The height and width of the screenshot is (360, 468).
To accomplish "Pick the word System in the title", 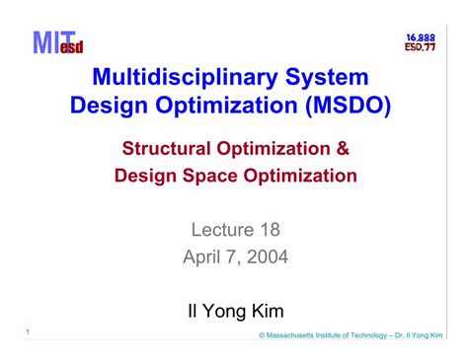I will (x=324, y=77).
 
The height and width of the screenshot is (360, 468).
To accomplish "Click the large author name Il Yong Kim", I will (x=235, y=312).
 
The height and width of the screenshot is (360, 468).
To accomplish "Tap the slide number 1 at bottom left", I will (x=30, y=331).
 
